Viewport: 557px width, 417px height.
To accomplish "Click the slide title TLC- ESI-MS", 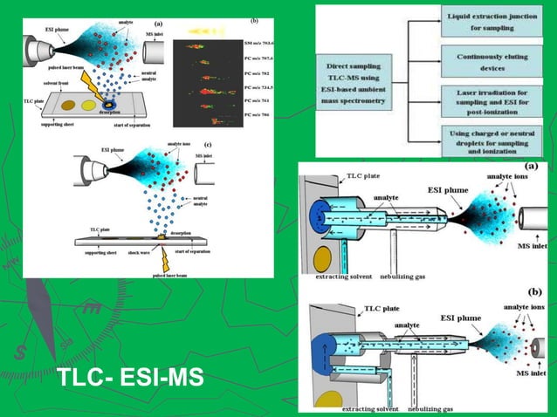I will [128, 379].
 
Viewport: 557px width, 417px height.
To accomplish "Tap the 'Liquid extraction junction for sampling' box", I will [492, 23].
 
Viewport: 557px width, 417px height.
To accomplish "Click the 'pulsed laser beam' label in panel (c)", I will [171, 273].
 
